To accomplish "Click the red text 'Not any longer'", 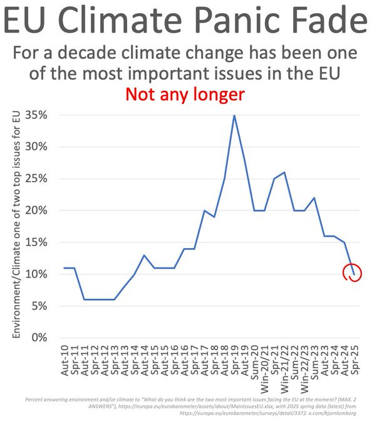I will tap(186, 95).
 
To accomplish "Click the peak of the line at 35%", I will tap(234, 115).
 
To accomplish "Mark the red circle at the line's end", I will tap(353, 273).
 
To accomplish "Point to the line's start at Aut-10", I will tap(65, 268).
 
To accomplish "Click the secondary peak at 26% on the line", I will tap(284, 172).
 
